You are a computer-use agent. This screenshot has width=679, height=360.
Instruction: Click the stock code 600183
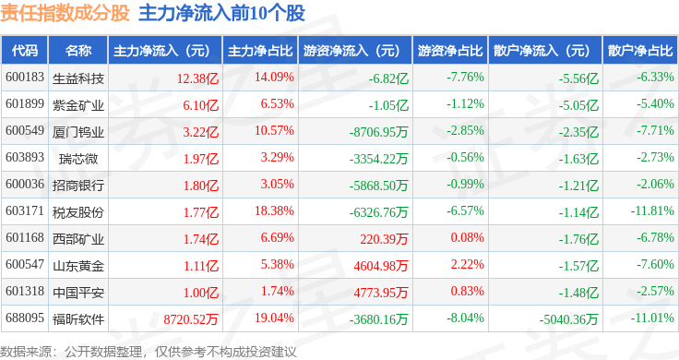25,78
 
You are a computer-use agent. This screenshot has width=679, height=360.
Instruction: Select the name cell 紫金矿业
78,105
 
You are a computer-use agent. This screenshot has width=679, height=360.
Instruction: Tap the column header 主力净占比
260,51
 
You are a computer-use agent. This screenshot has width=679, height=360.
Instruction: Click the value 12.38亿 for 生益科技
197,78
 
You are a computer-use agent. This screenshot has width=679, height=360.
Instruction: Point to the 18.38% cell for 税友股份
274,211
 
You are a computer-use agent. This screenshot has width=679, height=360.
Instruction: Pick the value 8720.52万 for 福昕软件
191,319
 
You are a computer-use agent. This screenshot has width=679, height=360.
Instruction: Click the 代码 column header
25,51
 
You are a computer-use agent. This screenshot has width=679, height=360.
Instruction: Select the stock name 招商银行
78,186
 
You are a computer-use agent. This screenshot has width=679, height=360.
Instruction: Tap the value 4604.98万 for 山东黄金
381,266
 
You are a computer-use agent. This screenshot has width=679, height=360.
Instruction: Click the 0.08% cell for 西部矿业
467,237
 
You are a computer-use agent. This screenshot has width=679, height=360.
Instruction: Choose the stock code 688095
25,318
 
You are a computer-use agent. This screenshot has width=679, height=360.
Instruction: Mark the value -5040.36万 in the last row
568,319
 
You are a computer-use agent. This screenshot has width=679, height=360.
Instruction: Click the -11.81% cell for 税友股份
652,211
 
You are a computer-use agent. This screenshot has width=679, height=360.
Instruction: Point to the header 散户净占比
640,51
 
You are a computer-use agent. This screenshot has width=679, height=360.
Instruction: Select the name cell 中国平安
78,293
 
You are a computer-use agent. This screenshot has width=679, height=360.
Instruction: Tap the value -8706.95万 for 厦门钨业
379,132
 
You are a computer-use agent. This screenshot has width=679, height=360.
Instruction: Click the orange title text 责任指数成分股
65,13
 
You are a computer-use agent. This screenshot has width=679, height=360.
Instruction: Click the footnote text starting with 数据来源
149,352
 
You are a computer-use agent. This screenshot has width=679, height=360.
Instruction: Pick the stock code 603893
25,157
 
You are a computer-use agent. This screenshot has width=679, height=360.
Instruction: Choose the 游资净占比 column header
450,51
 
